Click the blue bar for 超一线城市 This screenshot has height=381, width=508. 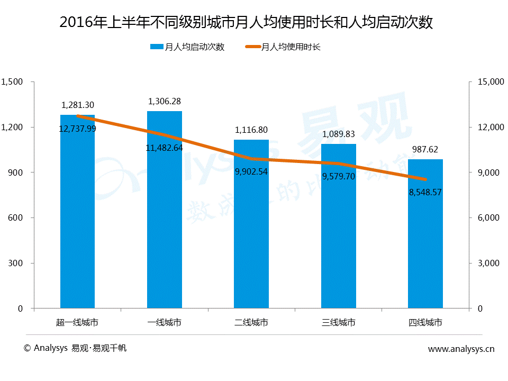[x=77, y=222]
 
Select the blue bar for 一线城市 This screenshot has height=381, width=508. [x=165, y=222]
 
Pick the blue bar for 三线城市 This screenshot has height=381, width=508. [x=338, y=238]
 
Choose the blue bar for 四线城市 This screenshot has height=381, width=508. [x=425, y=243]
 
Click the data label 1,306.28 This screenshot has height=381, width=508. [x=165, y=101]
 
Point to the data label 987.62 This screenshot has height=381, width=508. [x=425, y=149]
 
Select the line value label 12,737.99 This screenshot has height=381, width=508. [x=77, y=129]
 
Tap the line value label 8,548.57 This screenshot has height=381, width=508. [x=425, y=192]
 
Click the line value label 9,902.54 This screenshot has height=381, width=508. [x=251, y=171]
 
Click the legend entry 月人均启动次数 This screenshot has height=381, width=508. [x=188, y=47]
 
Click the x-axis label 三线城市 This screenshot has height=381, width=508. [x=338, y=322]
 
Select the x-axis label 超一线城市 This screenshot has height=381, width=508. [x=77, y=322]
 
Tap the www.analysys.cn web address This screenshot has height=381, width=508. [x=461, y=349]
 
